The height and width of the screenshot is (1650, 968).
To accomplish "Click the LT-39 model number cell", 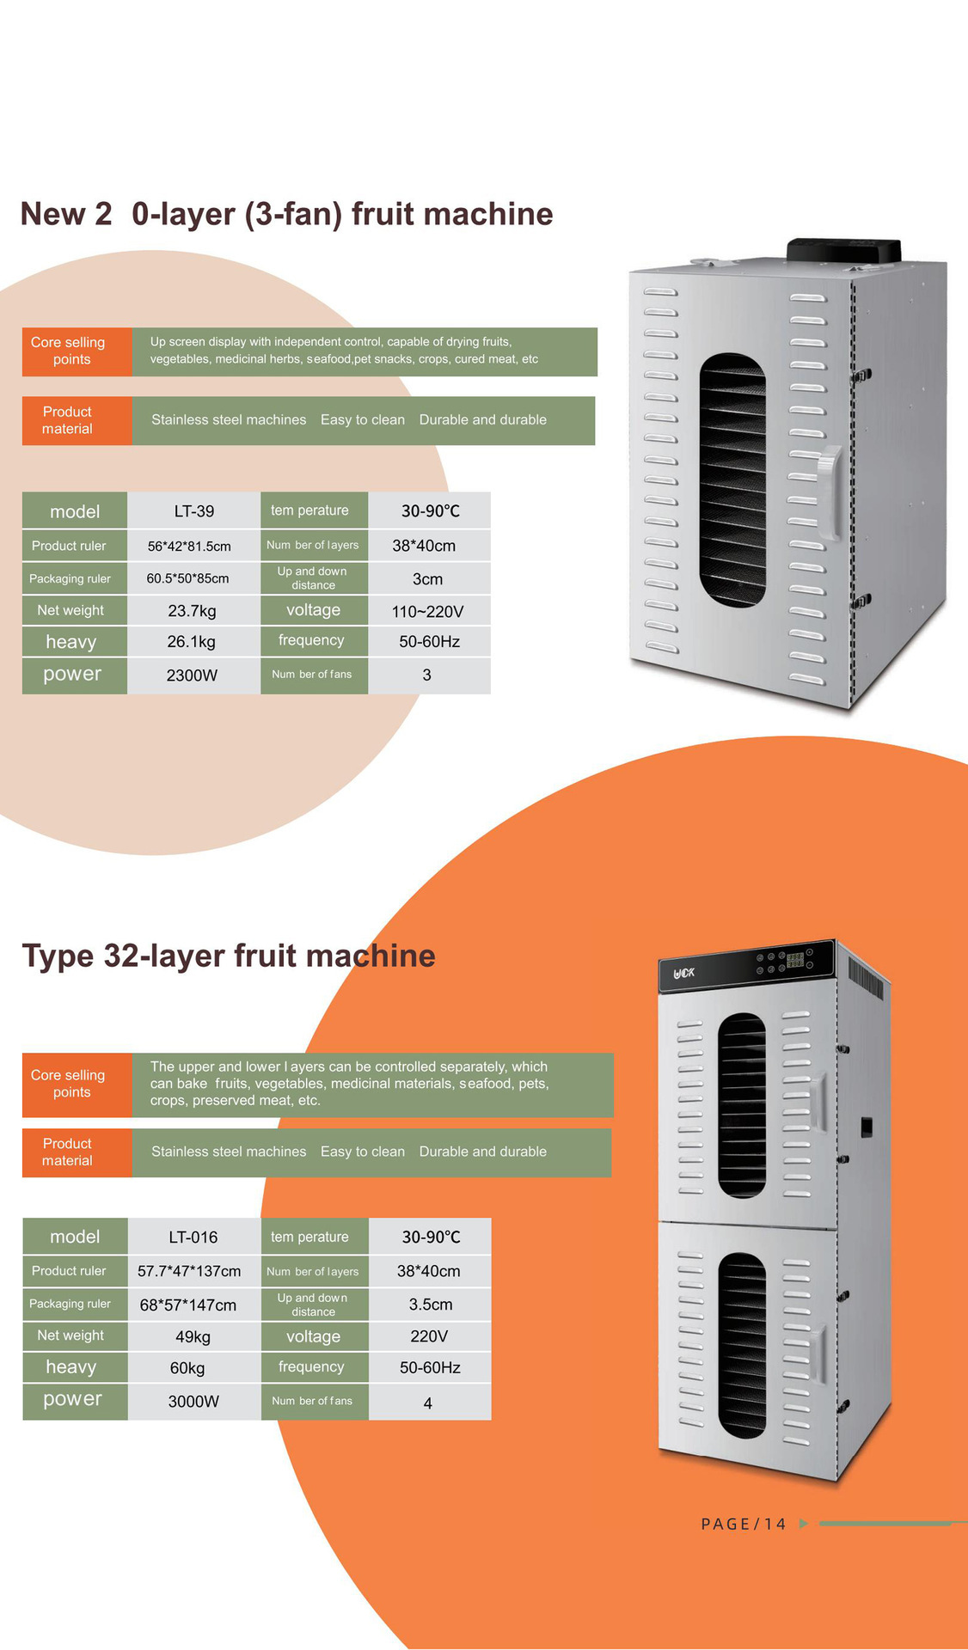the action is click(x=193, y=511).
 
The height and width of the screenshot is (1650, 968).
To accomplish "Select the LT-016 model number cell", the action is click(x=193, y=1237).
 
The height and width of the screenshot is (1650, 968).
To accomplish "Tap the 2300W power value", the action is click(x=192, y=675).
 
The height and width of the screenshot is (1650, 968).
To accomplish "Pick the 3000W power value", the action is click(x=193, y=1402).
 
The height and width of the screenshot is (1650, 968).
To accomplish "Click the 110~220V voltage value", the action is click(x=427, y=612).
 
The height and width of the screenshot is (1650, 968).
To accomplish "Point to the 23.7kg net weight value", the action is click(x=192, y=611).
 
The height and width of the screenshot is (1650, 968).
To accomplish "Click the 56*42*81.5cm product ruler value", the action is click(x=189, y=547).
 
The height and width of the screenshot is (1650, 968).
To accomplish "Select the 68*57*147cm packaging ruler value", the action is click(x=188, y=1305).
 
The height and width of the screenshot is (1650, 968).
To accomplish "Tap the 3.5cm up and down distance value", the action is click(x=430, y=1305).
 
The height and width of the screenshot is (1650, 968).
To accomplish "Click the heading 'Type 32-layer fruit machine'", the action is click(x=229, y=956).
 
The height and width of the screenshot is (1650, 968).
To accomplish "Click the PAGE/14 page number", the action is click(x=744, y=1524).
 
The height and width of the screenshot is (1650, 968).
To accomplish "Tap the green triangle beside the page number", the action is click(x=804, y=1524).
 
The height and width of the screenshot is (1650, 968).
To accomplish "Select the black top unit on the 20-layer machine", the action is click(x=843, y=250).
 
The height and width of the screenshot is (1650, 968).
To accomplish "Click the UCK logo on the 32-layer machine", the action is click(x=684, y=974).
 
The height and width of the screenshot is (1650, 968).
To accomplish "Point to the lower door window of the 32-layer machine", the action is click(x=742, y=1346).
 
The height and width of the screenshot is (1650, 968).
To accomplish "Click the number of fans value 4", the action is click(x=428, y=1403).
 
